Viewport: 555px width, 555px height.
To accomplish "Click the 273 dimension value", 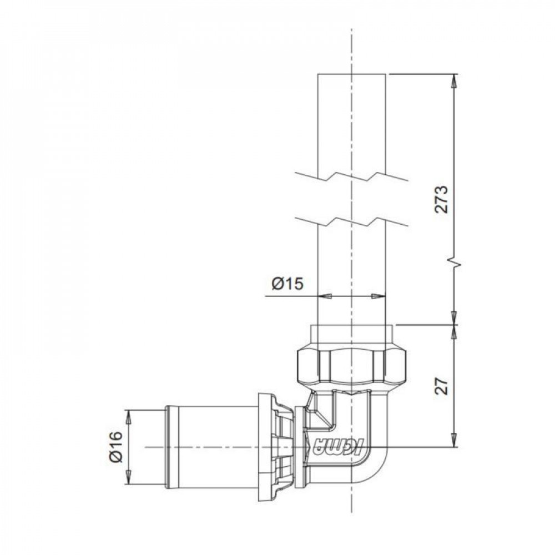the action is [441, 199].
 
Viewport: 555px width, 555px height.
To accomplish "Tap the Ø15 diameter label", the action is [287, 284].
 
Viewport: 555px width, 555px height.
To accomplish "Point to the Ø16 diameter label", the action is [116, 447].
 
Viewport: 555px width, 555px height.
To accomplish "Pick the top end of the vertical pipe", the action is [351, 74].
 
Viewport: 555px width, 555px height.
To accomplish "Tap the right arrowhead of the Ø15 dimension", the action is [379, 296].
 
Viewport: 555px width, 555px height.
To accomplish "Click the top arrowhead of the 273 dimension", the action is [454, 80].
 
